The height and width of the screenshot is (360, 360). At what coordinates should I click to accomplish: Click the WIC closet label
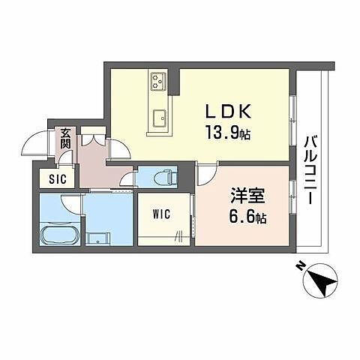(161, 214)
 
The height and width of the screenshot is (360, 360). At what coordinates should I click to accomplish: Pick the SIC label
(57, 178)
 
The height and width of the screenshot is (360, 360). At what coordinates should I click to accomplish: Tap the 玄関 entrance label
(66, 138)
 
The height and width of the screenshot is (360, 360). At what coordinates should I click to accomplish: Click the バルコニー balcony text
(310, 165)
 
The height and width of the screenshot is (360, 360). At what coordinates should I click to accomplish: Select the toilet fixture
(163, 178)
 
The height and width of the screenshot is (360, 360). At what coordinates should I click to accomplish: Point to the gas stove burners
(158, 79)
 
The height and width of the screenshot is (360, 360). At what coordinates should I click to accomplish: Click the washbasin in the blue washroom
(98, 238)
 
